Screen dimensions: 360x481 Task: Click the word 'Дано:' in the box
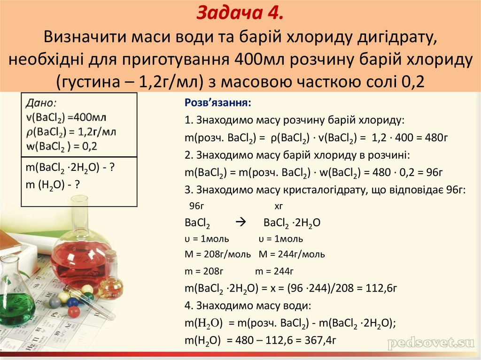click(x=42, y=102)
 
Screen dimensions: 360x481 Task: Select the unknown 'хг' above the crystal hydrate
click(x=279, y=206)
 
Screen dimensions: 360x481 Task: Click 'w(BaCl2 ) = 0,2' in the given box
click(x=62, y=146)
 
